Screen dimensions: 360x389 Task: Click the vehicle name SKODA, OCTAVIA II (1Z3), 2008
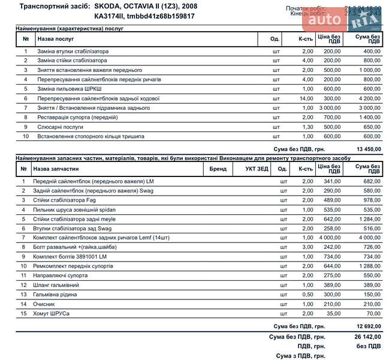click(146, 6)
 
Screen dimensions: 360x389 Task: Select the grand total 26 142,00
click(367, 337)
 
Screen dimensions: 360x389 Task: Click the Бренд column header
click(218, 169)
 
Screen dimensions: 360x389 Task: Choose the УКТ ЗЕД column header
click(257, 169)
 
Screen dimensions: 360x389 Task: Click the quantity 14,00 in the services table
click(306, 98)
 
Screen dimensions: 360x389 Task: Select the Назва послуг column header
click(56, 39)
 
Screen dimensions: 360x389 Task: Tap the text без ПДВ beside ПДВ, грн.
click(369, 346)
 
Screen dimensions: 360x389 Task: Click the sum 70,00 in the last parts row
click(373, 314)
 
